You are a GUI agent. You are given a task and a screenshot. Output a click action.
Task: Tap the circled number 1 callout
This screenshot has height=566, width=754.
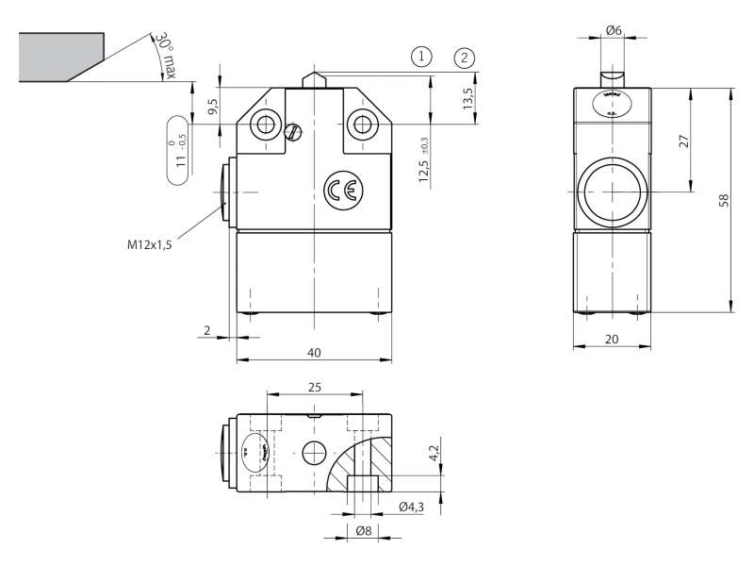pos(421,56)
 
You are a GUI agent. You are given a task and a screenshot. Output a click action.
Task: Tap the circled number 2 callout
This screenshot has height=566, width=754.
pos(464,57)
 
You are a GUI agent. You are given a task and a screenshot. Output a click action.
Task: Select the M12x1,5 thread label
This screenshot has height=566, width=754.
pos(151,243)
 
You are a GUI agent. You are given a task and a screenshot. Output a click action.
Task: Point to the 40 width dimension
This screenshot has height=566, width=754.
pos(314,352)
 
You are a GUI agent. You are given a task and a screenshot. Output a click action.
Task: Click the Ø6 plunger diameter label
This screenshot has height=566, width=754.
pos(613,30)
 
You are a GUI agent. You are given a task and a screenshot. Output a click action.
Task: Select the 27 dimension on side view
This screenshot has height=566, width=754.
pos(685,140)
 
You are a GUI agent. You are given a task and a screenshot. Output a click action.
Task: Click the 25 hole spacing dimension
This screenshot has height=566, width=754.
pos(314,387)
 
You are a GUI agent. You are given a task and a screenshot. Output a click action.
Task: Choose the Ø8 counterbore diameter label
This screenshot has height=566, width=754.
pos(363,532)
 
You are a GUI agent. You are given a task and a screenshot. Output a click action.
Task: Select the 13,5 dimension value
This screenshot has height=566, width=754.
pos(468,96)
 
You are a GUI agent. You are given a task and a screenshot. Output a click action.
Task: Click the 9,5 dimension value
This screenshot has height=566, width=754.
pos(214,104)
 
